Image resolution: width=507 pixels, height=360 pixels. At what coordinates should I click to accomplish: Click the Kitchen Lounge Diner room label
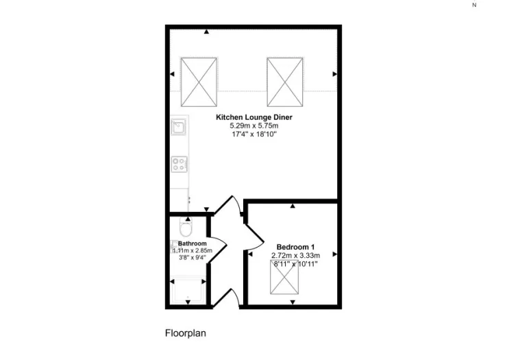(253, 117)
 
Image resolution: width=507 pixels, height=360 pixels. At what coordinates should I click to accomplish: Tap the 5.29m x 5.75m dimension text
(253, 125)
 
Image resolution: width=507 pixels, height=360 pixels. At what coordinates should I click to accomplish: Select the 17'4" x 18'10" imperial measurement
(253, 134)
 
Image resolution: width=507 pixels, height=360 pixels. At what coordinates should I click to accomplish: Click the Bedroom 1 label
(295, 248)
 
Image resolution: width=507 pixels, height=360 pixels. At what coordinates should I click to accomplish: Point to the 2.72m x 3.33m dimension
(295, 256)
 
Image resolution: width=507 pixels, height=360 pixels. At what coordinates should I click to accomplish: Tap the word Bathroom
(192, 243)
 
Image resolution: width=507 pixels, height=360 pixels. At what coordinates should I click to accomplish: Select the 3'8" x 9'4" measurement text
(192, 258)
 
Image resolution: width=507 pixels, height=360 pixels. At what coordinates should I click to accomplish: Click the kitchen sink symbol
(179, 127)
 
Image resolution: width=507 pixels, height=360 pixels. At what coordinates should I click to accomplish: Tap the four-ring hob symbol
(179, 164)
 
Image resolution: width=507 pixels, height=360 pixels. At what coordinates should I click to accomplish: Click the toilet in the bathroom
(186, 227)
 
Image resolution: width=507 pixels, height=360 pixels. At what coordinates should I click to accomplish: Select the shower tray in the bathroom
(188, 290)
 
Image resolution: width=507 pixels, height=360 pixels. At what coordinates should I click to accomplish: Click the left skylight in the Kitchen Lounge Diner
(199, 82)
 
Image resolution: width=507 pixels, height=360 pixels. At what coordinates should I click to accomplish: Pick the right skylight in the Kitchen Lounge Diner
(285, 82)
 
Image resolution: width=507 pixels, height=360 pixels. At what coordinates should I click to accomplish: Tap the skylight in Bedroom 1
(284, 278)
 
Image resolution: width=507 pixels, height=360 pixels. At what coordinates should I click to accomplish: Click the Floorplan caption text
(186, 333)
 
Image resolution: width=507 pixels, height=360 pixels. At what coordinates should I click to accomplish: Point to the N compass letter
(474, 5)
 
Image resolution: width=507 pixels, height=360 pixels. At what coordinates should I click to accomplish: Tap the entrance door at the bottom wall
(226, 297)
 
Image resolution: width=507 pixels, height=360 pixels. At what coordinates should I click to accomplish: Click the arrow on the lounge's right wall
(334, 74)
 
